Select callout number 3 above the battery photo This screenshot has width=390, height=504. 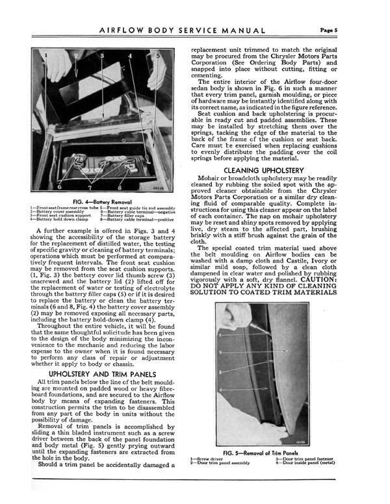click(101, 57)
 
